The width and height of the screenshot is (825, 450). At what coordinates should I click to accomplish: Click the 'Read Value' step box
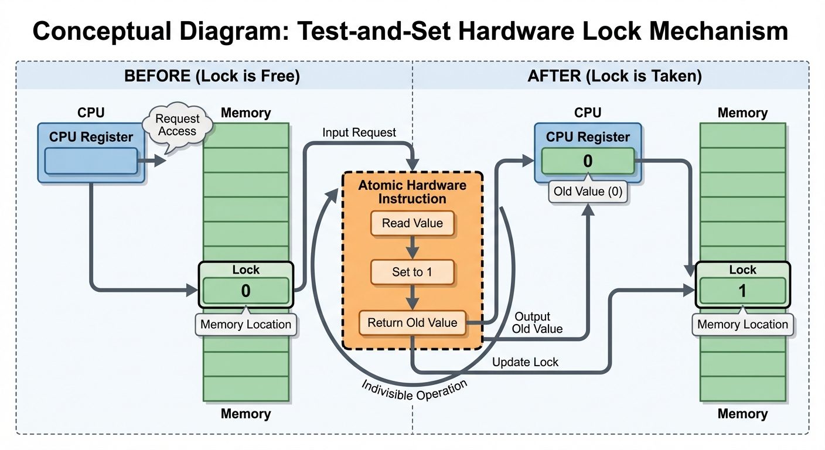(412, 223)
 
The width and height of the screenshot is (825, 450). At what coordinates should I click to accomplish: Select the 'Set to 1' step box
(412, 272)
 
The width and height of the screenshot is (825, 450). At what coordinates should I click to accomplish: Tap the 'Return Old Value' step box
(412, 322)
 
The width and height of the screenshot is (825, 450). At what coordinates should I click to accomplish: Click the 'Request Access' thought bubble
(177, 125)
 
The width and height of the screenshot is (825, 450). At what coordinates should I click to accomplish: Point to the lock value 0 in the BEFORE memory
(246, 291)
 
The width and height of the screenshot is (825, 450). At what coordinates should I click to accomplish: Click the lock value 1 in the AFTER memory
(742, 291)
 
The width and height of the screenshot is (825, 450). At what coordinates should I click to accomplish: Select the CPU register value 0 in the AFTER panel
(588, 161)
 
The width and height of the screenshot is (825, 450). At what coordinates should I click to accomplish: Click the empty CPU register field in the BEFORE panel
(90, 161)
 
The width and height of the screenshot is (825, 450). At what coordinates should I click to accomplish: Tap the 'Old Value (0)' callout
(588, 192)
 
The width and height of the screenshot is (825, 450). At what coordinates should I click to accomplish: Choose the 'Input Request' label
(359, 133)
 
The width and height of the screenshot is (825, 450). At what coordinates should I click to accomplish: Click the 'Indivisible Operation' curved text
(415, 391)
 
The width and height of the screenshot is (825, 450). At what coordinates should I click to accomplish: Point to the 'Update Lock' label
(525, 362)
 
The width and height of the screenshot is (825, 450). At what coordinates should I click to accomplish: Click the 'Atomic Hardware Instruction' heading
(412, 192)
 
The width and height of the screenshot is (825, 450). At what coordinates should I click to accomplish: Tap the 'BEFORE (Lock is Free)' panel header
(212, 77)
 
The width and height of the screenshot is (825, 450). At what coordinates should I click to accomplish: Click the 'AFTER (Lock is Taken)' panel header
(615, 77)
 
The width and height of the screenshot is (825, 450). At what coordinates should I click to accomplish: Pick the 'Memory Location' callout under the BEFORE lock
(246, 325)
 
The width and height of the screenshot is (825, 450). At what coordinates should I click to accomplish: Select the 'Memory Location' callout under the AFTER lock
(742, 325)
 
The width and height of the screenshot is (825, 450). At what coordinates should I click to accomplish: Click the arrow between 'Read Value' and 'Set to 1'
(412, 247)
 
